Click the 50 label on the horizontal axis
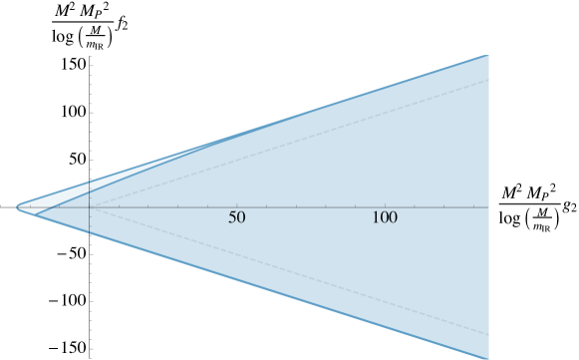[237, 218]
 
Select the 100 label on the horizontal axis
[385, 218]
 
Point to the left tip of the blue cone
[17, 206]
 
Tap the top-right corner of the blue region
[488, 55]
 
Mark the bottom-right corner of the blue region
[488, 358]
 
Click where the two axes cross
[90, 207]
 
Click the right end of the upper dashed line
[488, 80]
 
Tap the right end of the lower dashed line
[488, 334]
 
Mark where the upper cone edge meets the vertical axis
[90, 180]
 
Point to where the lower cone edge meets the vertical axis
[90, 234]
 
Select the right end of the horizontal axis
[488, 207]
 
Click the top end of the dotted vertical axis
[91, 57]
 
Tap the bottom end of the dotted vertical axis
[91, 357]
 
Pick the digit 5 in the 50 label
[232, 218]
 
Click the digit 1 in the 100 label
[376, 218]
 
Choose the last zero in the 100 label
[393, 218]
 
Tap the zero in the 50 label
[241, 218]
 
